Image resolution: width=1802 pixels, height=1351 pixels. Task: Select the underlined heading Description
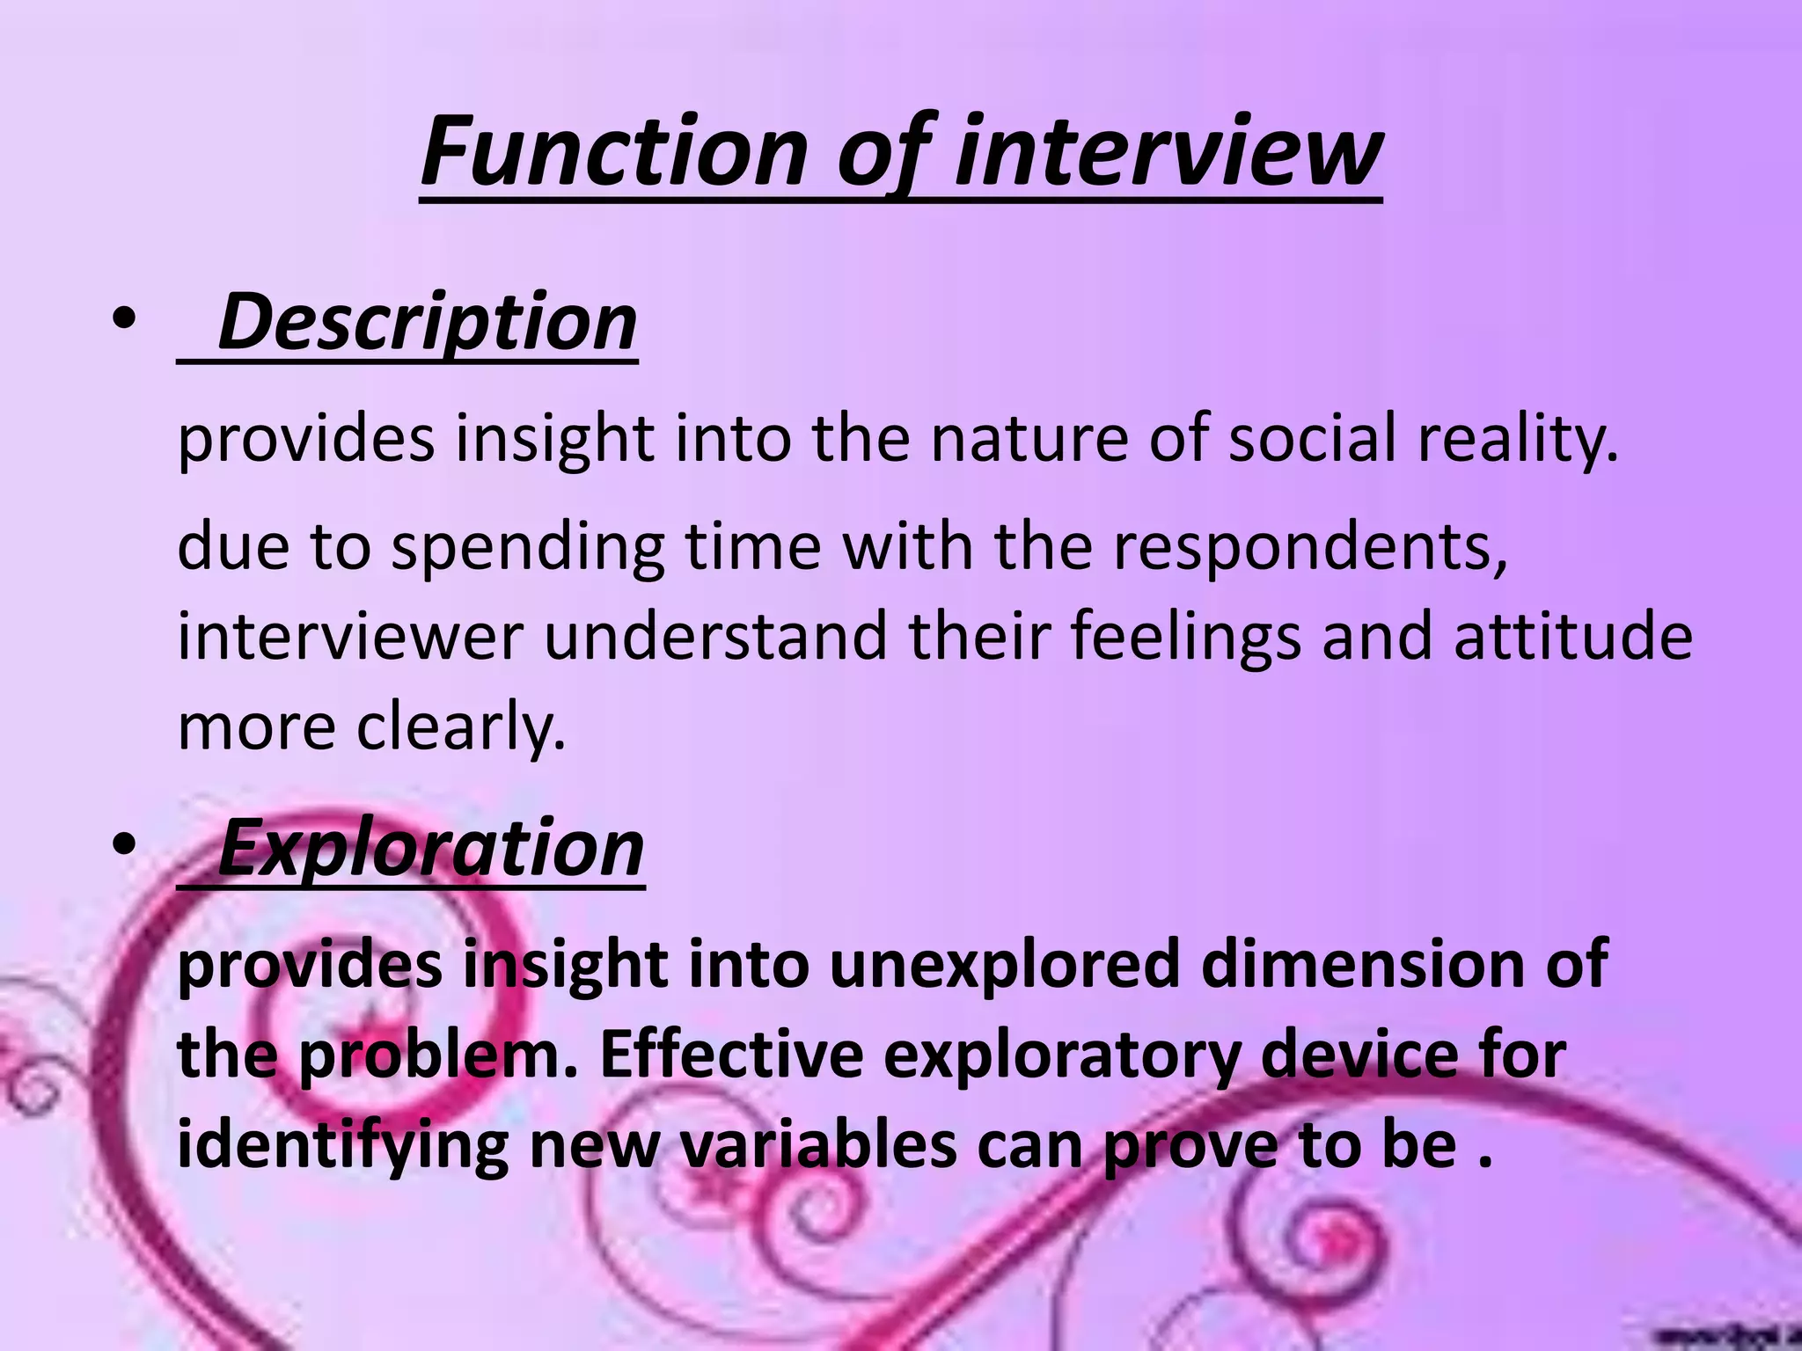[427, 322]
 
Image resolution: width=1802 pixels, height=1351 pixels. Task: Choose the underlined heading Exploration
[430, 848]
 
